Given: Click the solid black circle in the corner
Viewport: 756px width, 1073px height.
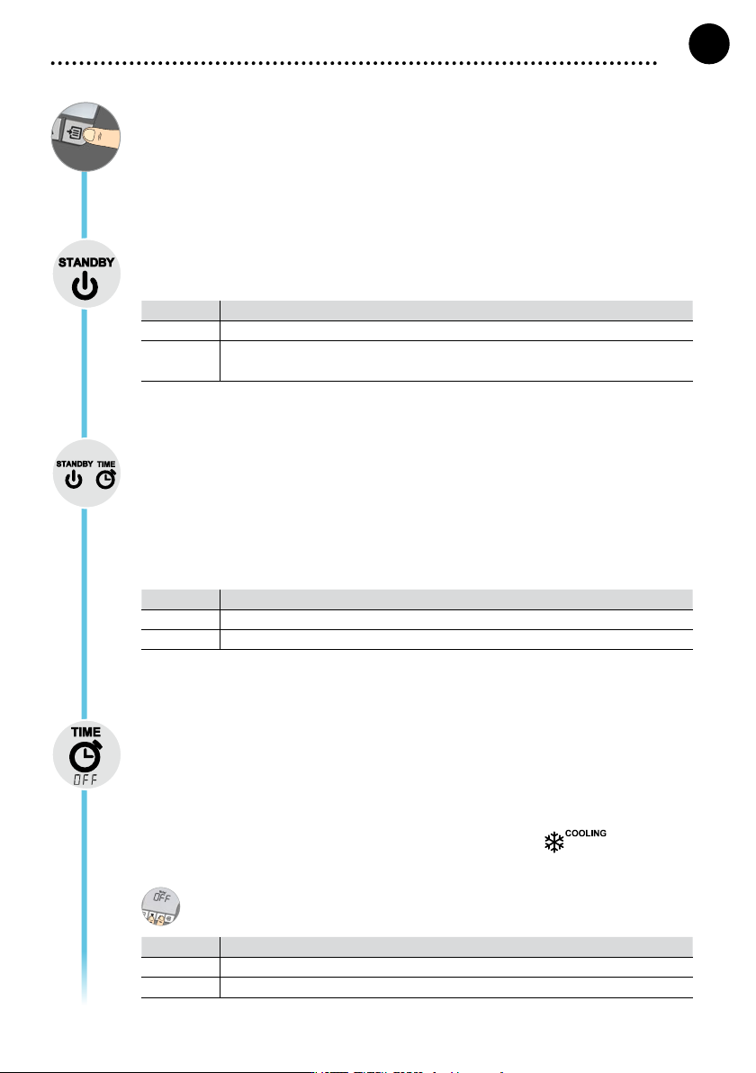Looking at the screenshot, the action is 709,44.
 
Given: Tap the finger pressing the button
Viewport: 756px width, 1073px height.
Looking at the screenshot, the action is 102,136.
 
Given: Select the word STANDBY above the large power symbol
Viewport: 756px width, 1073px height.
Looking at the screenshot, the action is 86,262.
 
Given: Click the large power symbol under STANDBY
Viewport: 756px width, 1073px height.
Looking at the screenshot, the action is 85,285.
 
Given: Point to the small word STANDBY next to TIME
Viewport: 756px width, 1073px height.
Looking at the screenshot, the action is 75,464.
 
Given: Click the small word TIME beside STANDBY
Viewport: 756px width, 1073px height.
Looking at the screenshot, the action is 106,464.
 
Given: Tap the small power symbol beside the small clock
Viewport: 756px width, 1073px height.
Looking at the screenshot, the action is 73,480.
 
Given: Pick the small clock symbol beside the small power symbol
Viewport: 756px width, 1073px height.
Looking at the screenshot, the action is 105,480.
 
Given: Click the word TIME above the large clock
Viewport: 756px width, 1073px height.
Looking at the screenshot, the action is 86,732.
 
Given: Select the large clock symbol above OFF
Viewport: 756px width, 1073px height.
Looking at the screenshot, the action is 85,756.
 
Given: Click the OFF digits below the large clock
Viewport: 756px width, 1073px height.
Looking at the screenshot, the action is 85,780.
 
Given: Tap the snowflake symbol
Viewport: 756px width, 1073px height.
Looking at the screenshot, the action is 554,842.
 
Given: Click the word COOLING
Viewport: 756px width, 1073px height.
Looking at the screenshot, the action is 586,834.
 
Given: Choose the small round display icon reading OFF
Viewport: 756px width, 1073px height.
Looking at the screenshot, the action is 161,906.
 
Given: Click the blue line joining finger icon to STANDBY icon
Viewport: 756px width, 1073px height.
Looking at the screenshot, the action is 85,205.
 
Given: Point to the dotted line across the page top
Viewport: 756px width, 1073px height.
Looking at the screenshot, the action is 354,63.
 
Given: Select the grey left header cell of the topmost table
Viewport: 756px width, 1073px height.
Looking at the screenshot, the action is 181,310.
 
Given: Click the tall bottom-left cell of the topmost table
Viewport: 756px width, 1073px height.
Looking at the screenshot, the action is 181,361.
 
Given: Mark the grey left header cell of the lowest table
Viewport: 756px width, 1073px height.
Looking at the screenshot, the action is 181,946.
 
